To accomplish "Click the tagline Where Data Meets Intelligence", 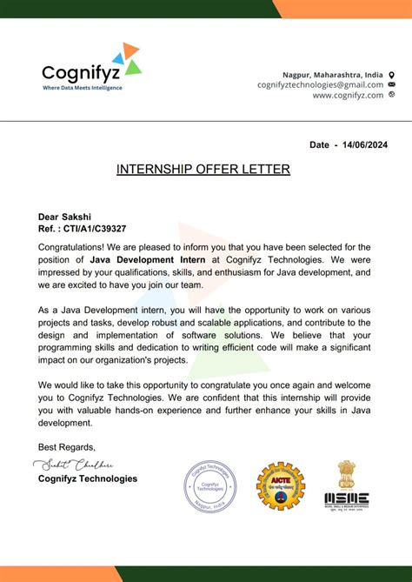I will pos(83,88).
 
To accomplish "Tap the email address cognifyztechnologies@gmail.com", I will pos(320,85).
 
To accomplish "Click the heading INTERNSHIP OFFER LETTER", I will pos(203,169).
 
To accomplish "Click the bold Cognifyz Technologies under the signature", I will pos(88,478).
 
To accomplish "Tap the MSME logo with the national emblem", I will pos(347,484).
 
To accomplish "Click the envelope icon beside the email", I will pos(392,85).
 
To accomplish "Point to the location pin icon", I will pos(392,75).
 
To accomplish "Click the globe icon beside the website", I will pos(392,95).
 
